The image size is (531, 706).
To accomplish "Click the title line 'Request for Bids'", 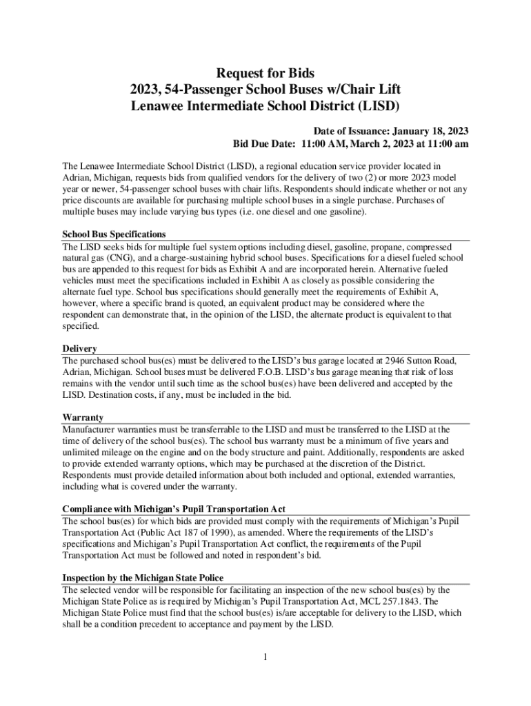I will [x=265, y=72].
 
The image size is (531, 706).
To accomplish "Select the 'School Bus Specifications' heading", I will [x=114, y=234].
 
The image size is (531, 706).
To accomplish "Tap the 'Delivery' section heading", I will [x=79, y=348].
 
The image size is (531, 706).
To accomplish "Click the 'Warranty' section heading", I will [x=83, y=417].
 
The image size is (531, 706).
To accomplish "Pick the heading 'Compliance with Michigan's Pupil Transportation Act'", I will [x=174, y=509].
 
